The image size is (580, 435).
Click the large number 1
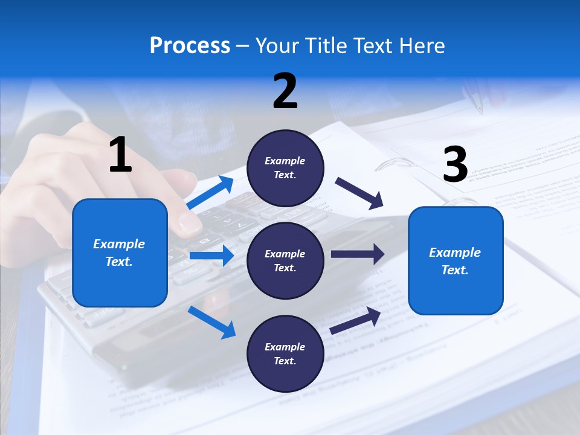(x=120, y=155)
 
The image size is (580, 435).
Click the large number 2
(x=285, y=91)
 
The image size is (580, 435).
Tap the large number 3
(x=455, y=164)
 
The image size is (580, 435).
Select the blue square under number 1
(x=120, y=253)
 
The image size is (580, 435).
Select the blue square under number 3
(x=456, y=260)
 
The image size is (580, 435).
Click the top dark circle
(x=285, y=168)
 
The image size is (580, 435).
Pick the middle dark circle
(x=285, y=260)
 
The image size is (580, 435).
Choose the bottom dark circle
(x=285, y=353)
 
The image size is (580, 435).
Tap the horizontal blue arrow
(x=211, y=256)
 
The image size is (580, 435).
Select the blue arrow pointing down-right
(x=212, y=322)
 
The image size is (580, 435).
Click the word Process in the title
(x=190, y=45)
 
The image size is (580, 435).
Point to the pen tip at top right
(x=480, y=111)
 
